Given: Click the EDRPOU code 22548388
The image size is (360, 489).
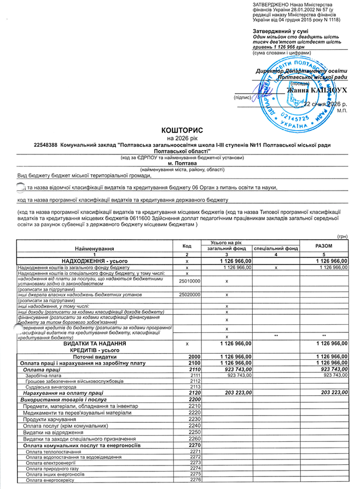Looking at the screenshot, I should tap(45, 145).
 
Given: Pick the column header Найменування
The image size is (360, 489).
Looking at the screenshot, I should tap(95, 248).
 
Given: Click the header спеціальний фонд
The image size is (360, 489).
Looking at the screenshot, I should tap(276, 248).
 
